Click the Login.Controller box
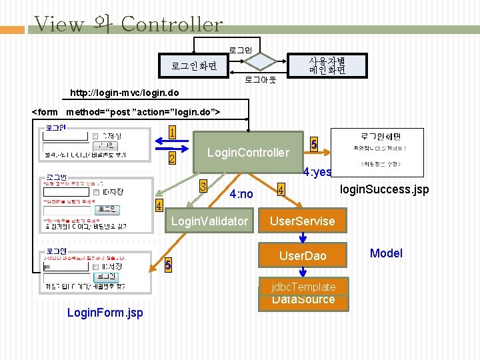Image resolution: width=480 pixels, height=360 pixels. pyautogui.click(x=248, y=153)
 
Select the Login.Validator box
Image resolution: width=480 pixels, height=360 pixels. pyautogui.click(x=209, y=221)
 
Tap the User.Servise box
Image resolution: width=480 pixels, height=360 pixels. pyautogui.click(x=302, y=221)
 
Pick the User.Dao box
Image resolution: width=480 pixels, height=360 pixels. pyautogui.click(x=303, y=256)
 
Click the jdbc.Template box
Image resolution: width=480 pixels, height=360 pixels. pyautogui.click(x=303, y=287)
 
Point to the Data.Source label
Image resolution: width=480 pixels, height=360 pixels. pyautogui.click(x=303, y=301)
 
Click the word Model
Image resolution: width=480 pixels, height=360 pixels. pyautogui.click(x=386, y=253)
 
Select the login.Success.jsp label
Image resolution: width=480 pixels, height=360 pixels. pyautogui.click(x=384, y=191)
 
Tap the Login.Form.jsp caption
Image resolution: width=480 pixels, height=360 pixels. pyautogui.click(x=105, y=313)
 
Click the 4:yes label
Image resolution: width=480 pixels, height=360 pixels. pyautogui.click(x=317, y=172)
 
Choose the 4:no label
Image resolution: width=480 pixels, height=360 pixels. pyautogui.click(x=241, y=195)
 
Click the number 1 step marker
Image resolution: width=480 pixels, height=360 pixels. pyautogui.click(x=172, y=133)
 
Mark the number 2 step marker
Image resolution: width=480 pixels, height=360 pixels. pyautogui.click(x=172, y=159)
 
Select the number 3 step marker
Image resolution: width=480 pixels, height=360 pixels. pyautogui.click(x=203, y=185)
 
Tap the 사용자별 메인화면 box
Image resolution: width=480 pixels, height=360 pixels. pyautogui.click(x=327, y=65)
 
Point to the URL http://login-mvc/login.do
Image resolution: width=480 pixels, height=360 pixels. pyautogui.click(x=125, y=92)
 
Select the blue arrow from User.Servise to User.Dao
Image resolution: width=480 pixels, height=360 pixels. pyautogui.click(x=303, y=238)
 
